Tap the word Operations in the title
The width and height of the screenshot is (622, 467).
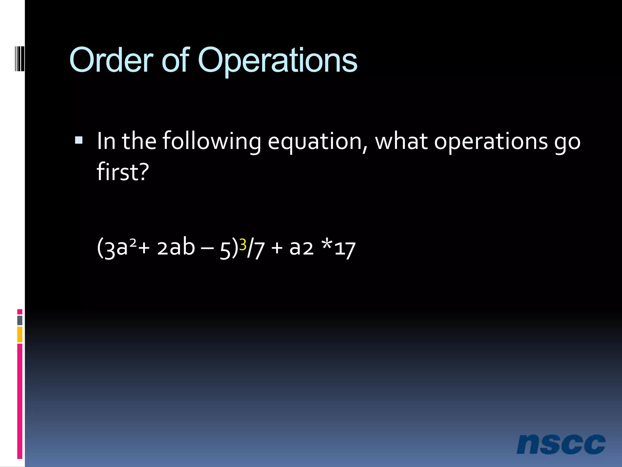[x=277, y=61]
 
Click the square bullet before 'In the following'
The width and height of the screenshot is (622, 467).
[x=79, y=140]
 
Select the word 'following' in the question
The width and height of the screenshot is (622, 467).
[x=212, y=141]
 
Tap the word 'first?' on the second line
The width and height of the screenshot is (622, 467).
[x=123, y=172]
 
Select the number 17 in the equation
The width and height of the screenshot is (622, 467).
[x=345, y=249]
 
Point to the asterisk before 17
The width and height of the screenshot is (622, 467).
[x=327, y=243]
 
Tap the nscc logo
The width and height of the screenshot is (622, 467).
[x=561, y=444]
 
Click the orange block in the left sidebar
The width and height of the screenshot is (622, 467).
[x=20, y=334]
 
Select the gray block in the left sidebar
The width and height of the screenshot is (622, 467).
[x=20, y=320]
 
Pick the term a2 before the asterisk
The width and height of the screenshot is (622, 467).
[x=301, y=248]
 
